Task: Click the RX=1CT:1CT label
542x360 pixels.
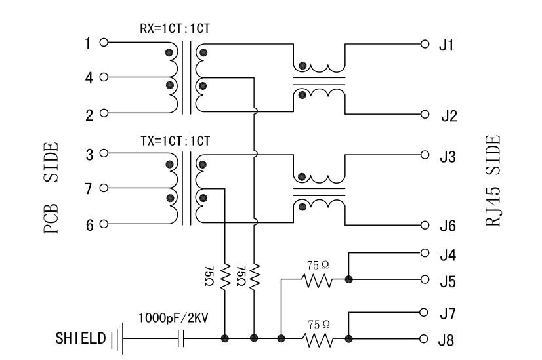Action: point(175,28)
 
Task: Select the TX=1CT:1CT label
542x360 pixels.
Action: point(175,140)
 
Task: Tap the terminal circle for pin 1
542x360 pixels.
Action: point(103,43)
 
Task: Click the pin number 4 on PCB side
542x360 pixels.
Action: point(89,77)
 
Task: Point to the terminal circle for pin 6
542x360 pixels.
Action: point(103,224)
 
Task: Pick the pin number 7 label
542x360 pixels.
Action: point(89,189)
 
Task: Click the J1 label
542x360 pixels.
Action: point(447,47)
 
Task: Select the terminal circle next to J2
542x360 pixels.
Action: point(425,113)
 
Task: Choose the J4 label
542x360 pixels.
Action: point(448,254)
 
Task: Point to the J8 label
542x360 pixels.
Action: point(448,341)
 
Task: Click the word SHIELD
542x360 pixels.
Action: point(80,339)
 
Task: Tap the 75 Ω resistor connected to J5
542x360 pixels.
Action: point(318,280)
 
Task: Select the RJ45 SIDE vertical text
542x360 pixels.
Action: point(493,181)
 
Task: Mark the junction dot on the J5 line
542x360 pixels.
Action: point(348,280)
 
